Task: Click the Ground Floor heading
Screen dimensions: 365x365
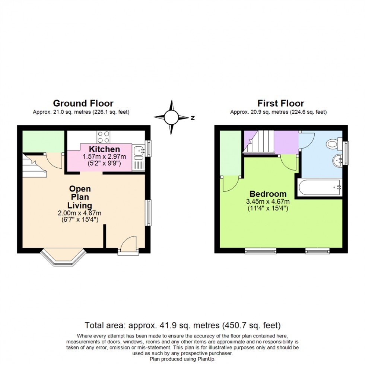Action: tap(83, 103)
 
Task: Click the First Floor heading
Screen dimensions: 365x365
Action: tap(281, 103)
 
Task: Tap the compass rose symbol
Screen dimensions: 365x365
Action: tap(172, 117)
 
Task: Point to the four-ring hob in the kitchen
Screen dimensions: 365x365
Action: tap(103, 137)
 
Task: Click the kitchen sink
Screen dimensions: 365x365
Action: tap(139, 151)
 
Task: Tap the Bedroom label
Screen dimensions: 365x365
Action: tap(268, 194)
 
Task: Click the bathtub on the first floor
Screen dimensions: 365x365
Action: tap(319, 188)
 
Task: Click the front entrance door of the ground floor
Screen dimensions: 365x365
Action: tap(128, 246)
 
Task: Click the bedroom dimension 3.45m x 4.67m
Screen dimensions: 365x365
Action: tap(268, 202)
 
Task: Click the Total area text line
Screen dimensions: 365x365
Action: tap(182, 325)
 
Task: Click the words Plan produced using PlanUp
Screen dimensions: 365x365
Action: tap(182, 359)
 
